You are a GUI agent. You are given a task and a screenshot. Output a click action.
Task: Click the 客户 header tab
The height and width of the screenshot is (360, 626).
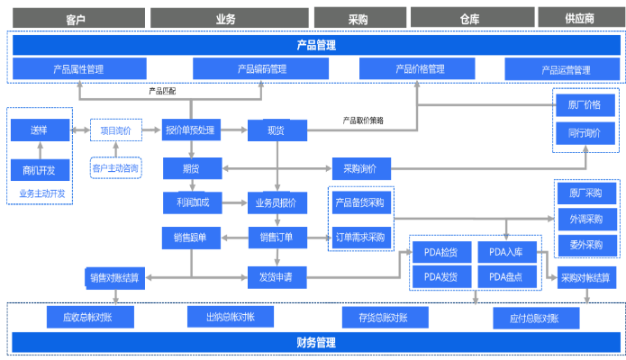click(77, 18)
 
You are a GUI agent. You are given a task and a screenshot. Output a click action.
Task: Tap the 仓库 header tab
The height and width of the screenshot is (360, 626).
click(469, 18)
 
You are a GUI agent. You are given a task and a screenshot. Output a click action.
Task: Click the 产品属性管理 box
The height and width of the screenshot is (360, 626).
click(78, 69)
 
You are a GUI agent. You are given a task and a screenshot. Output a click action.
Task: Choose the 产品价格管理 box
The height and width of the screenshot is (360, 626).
click(419, 69)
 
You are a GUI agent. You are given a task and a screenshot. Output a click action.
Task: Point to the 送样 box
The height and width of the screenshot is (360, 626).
click(38, 130)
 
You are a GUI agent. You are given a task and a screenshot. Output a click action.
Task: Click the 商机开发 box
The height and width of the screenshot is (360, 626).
click(38, 170)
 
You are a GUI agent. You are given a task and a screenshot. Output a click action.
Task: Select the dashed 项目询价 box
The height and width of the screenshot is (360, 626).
click(116, 131)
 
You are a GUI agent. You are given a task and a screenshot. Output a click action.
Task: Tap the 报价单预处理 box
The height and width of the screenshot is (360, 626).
click(191, 131)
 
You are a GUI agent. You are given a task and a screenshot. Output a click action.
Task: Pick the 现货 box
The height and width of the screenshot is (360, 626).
click(277, 131)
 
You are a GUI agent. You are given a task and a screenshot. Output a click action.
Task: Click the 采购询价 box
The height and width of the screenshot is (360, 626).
click(360, 168)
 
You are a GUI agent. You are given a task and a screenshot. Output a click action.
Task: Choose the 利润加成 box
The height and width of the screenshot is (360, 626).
click(191, 202)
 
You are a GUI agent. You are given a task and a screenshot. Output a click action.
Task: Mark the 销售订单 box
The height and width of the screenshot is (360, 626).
click(277, 238)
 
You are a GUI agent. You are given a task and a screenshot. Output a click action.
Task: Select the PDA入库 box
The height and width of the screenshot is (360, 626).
click(506, 252)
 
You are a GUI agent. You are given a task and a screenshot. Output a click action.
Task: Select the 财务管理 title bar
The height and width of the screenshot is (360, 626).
click(315, 343)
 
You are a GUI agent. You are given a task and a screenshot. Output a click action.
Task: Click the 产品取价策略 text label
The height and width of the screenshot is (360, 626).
click(363, 120)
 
